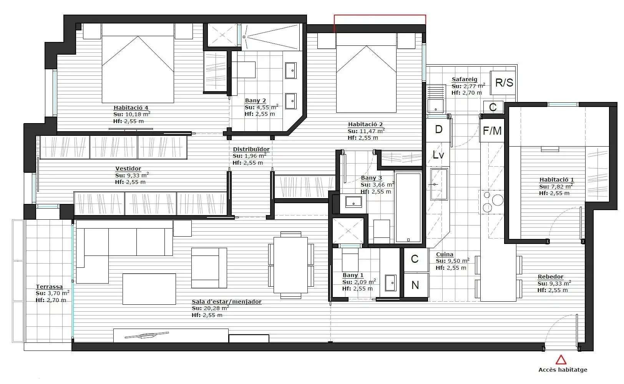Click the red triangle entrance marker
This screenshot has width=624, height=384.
click(561, 360)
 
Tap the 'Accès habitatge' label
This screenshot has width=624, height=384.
click(563, 370)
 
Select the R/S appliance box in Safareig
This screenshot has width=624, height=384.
click(504, 83)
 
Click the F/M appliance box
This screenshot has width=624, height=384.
click(492, 130)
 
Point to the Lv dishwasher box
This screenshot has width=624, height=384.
click(438, 155)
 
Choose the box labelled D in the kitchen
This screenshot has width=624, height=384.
click(438, 129)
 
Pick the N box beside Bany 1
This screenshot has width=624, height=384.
click(415, 285)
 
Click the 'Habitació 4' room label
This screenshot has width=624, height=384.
click(131, 108)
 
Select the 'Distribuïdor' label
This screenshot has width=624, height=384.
click(251, 149)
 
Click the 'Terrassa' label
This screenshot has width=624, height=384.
click(49, 286)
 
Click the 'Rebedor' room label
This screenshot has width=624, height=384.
click(551, 277)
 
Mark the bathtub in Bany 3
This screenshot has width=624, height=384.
click(408, 207)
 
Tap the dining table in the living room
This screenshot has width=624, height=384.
click(290, 265)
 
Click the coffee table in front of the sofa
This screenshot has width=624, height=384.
click(149, 289)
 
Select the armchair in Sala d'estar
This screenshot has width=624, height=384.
click(209, 268)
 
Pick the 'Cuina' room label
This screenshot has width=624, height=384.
click(445, 254)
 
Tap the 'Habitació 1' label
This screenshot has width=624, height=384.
click(557, 180)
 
